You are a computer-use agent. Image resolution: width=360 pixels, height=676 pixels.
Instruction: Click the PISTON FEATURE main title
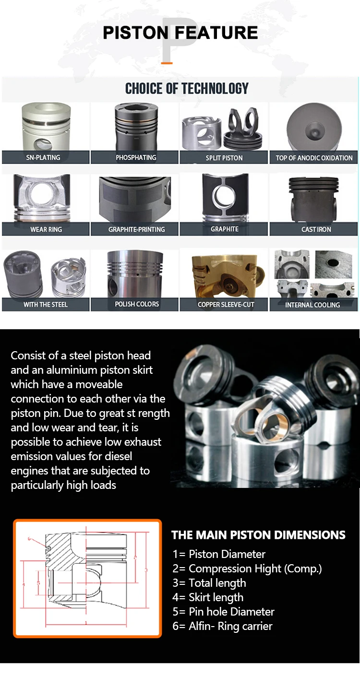pyautogui.click(x=180, y=33)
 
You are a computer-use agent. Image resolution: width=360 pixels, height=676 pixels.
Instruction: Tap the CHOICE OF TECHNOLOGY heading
pyautogui.click(x=187, y=88)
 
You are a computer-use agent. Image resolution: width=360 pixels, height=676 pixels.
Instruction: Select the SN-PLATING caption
pyautogui.click(x=46, y=157)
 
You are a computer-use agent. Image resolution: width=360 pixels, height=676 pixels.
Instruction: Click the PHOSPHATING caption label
pyautogui.click(x=136, y=157)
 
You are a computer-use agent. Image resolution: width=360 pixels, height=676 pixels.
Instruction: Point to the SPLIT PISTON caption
pyautogui.click(x=224, y=157)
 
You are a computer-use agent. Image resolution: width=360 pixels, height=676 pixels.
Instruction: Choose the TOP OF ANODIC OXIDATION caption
pyautogui.click(x=314, y=157)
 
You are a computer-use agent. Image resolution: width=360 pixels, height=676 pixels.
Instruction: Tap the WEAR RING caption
pyautogui.click(x=46, y=229)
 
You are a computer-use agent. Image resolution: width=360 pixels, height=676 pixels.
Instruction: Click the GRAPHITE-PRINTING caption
pyautogui.click(x=136, y=229)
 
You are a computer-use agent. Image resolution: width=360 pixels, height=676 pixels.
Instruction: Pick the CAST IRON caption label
pyautogui.click(x=316, y=229)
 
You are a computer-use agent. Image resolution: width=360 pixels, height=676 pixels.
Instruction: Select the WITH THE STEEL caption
pyautogui.click(x=46, y=304)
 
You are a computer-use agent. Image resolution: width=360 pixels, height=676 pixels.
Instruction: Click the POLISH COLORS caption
pyautogui.click(x=136, y=304)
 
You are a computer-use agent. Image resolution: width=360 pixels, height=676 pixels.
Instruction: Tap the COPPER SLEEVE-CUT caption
pyautogui.click(x=226, y=304)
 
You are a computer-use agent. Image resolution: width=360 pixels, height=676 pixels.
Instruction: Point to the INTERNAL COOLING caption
pyautogui.click(x=312, y=305)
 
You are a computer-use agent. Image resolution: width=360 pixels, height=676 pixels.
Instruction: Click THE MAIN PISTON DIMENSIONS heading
pyautogui.click(x=258, y=535)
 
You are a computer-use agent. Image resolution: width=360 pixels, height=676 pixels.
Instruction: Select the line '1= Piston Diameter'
pyautogui.click(x=219, y=554)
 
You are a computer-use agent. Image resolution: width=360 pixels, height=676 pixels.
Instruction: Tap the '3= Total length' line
pyautogui.click(x=209, y=583)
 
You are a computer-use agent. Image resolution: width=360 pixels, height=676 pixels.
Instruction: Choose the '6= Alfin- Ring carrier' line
pyautogui.click(x=222, y=626)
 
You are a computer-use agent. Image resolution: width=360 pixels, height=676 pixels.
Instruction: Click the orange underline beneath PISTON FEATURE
pyautogui.click(x=167, y=62)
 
